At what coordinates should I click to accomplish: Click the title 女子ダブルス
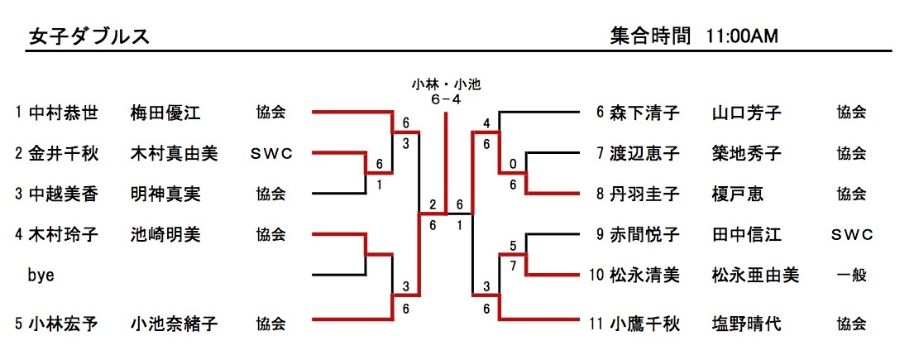(89, 36)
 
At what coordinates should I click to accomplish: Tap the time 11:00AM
(742, 36)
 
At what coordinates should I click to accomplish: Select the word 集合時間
(650, 36)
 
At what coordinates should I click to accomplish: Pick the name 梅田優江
(165, 113)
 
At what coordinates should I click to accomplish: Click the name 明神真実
(165, 194)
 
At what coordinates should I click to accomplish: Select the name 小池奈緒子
(175, 324)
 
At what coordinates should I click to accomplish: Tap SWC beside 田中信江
(851, 235)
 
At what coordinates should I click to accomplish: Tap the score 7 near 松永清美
(513, 265)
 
